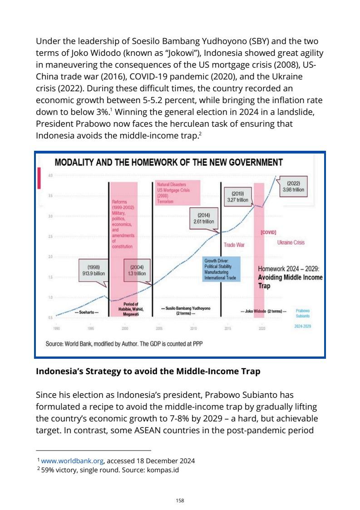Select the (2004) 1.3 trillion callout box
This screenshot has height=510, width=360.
coord(137,270)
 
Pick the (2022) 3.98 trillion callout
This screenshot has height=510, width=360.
coord(293,187)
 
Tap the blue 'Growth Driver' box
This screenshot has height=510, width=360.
coord(222,269)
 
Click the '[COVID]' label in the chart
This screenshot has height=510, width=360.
coord(268,232)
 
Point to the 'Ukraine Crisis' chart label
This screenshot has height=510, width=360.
coord(291,243)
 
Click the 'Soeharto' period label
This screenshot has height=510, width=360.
coord(86,312)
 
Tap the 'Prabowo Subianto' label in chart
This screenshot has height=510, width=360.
coord(303,313)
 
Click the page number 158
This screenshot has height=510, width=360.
coord(180,500)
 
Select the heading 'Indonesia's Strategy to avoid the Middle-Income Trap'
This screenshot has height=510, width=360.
coord(148,371)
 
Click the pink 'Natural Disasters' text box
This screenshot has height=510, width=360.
coord(176,193)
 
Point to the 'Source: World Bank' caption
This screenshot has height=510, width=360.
coord(124,344)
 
